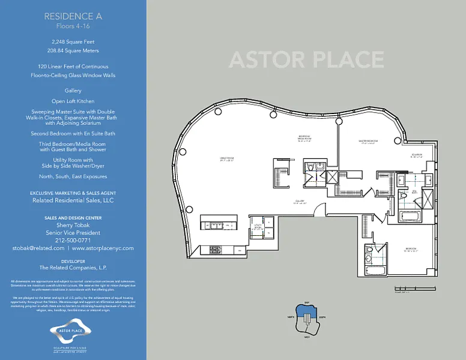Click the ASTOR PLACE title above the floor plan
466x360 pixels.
coord(306,60)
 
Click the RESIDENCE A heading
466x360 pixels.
coord(73,17)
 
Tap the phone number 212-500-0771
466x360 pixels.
coord(73,240)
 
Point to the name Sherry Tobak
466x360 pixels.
coord(73,226)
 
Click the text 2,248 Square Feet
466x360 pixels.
coord(73,42)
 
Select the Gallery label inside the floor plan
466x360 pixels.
coord(299,201)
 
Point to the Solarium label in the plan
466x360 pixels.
coord(417,155)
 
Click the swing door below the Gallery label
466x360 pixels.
coord(319,211)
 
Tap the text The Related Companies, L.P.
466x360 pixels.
coord(73,268)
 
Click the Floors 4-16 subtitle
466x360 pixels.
coord(73,27)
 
